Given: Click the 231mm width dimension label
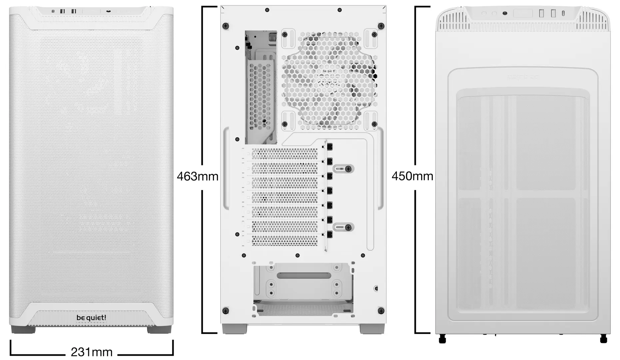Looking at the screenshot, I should [92, 352].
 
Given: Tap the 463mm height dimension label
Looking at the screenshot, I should [197, 176].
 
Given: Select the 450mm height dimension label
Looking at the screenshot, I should [412, 176].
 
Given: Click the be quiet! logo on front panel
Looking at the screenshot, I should [91, 318].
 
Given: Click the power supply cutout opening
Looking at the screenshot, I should [303, 288].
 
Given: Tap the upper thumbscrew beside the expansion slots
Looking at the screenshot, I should [348, 169].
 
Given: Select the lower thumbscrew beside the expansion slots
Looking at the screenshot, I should [348, 227].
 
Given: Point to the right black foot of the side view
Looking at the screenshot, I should [603, 339].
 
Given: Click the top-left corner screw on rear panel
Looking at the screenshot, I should [226, 26].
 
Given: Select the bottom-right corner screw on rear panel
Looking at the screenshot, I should [381, 311].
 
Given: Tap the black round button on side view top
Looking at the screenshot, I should [505, 13].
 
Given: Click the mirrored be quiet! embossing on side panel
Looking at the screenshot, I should [523, 77].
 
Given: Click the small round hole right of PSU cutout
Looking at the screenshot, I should [376, 288].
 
